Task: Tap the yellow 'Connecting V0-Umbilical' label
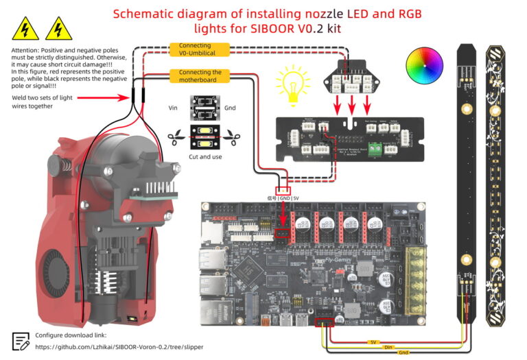point(195,49)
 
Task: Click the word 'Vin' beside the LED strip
point(173,108)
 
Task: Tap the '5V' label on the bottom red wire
point(373,341)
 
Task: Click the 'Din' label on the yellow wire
point(388,346)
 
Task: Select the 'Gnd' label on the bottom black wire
point(403,352)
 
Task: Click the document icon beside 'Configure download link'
point(21,341)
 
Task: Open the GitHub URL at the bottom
point(127,348)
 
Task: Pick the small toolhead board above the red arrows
point(351,75)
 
